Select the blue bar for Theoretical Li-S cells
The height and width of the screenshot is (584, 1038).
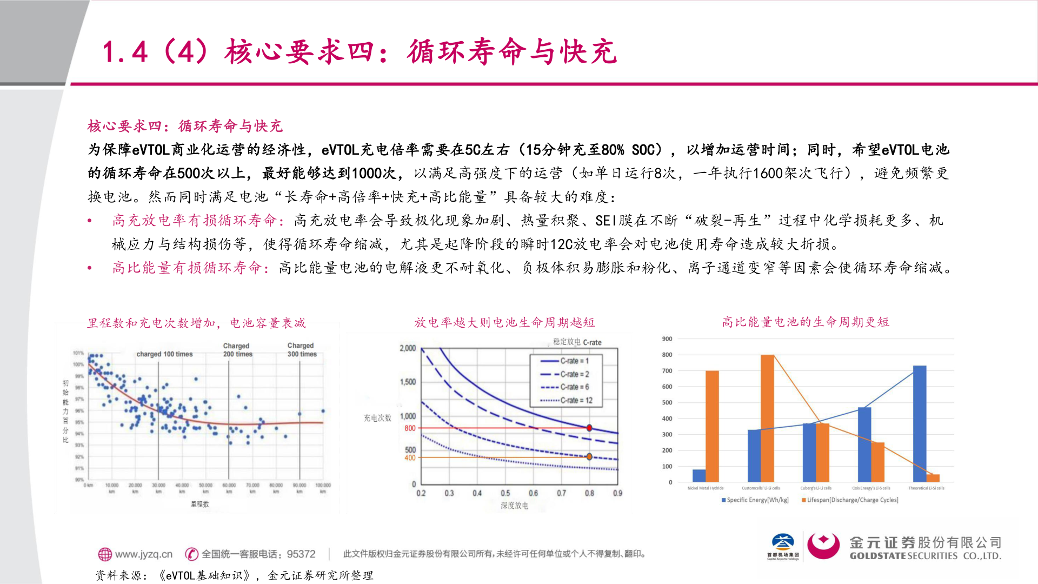[919, 424]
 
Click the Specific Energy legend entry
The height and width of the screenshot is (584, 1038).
[755, 500]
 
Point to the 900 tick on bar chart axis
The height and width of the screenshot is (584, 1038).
[667, 339]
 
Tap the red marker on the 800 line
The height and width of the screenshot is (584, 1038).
[589, 428]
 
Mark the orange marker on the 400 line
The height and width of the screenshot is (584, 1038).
[589, 457]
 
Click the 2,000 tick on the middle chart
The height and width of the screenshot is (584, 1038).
[408, 348]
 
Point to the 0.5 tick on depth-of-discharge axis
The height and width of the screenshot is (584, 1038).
[505, 493]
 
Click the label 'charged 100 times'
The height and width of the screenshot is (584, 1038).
[164, 354]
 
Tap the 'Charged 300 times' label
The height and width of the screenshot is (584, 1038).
[302, 350]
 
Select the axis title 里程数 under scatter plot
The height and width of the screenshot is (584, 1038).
[199, 504]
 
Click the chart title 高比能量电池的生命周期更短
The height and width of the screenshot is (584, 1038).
[806, 322]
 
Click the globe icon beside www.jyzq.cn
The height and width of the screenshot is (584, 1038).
[105, 554]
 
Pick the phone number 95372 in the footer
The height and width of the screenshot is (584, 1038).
[301, 554]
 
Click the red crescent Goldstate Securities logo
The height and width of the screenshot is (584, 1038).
[823, 546]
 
